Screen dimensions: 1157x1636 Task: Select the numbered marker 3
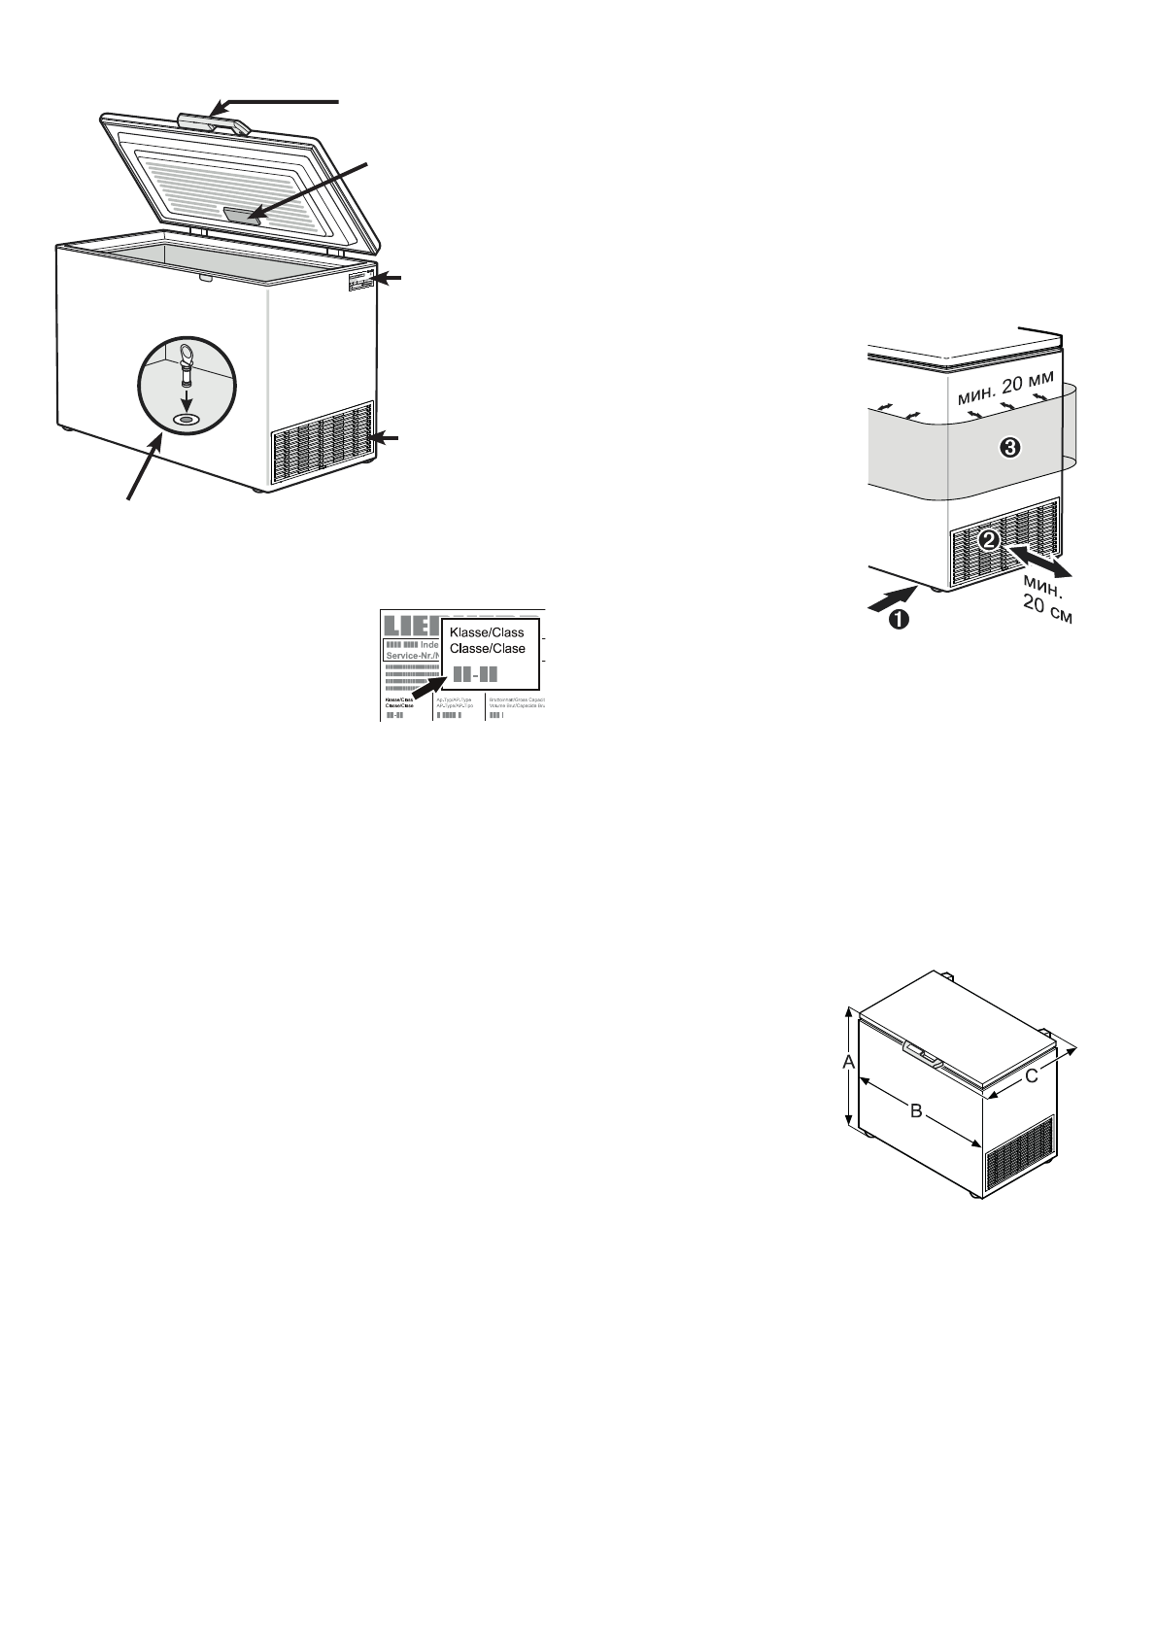1010,447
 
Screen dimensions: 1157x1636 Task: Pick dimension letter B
915,1110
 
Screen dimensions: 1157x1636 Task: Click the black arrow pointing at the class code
423,692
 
